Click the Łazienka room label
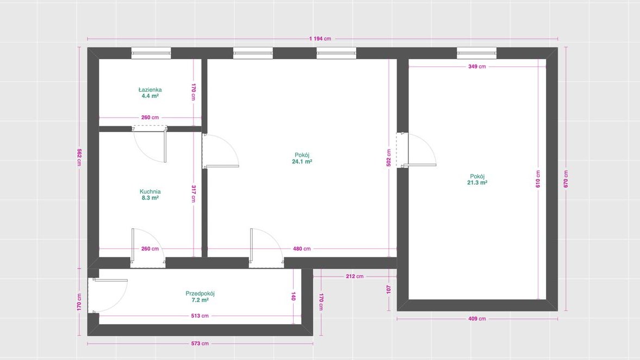pyautogui.click(x=150, y=90)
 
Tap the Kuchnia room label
pyautogui.click(x=150, y=191)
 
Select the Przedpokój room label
pyautogui.click(x=200, y=294)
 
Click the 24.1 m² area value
pyautogui.click(x=302, y=162)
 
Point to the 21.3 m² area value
pyautogui.click(x=477, y=183)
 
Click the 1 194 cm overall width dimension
pyautogui.click(x=320, y=39)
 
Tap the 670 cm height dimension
pyautogui.click(x=566, y=179)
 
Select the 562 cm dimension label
pyautogui.click(x=79, y=157)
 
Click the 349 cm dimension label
pyautogui.click(x=477, y=66)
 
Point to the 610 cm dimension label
pyautogui.click(x=538, y=179)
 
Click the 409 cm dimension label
pyautogui.click(x=477, y=319)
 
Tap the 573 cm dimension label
pyautogui.click(x=200, y=344)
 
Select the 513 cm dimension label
pyautogui.click(x=200, y=316)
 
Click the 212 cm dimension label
pyautogui.click(x=355, y=276)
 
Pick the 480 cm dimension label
pyautogui.click(x=302, y=249)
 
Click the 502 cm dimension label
pyautogui.click(x=389, y=158)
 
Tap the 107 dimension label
pyautogui.click(x=389, y=289)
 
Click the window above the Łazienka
pyautogui.click(x=151, y=53)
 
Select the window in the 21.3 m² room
pyautogui.click(x=477, y=53)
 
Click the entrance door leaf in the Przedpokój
pyautogui.click(x=110, y=281)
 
